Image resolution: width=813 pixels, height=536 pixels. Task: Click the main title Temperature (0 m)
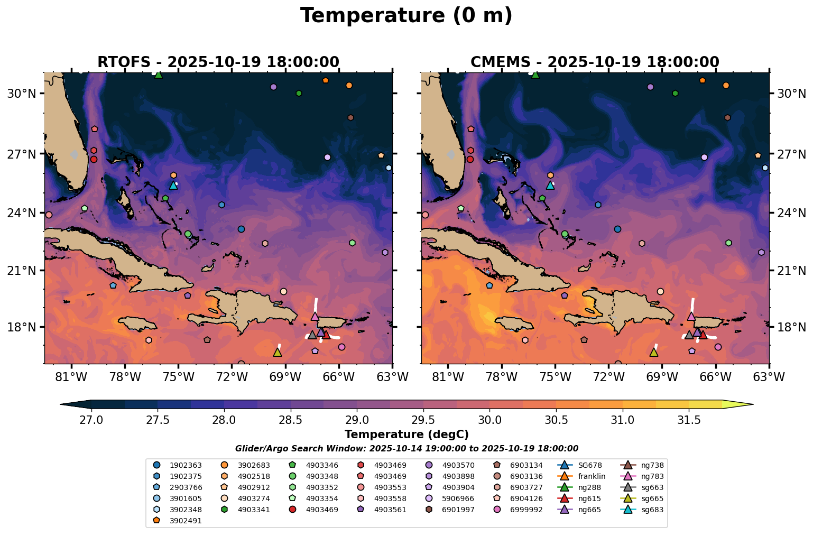click(x=406, y=16)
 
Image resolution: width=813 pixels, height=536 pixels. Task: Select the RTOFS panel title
click(x=218, y=62)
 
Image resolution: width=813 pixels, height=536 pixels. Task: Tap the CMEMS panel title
click(x=595, y=62)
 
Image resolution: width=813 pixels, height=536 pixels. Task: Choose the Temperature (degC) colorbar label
click(x=406, y=435)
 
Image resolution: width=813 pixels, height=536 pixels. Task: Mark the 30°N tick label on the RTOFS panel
click(x=21, y=94)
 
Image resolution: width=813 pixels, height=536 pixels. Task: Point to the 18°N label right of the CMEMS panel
click(x=791, y=327)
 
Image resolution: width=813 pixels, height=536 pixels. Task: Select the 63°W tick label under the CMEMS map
click(x=769, y=377)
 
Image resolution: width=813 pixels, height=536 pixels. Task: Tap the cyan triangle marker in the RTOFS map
click(x=173, y=185)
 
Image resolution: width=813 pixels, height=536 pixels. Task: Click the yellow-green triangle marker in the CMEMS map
click(x=654, y=352)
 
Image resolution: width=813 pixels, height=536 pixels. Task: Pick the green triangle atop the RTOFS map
click(x=159, y=75)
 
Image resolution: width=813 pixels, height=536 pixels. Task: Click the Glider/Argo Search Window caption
click(x=406, y=448)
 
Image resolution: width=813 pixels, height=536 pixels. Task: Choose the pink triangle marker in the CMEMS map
click(x=691, y=316)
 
